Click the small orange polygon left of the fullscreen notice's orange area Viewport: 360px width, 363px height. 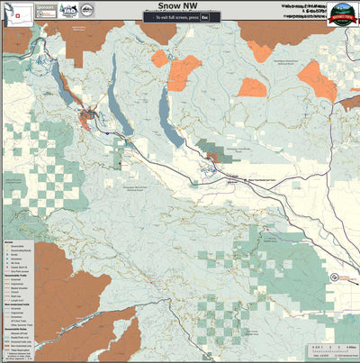pos(159,59)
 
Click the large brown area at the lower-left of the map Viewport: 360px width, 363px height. pos(36,288)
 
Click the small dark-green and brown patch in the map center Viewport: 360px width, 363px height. pos(212,158)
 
